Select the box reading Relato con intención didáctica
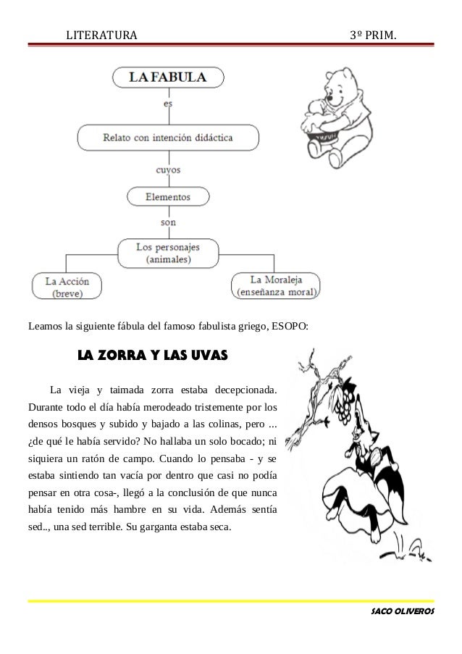pyautogui.click(x=168, y=135)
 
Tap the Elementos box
pyautogui.click(x=168, y=196)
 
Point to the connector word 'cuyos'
pyautogui.click(x=168, y=170)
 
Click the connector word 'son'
pyautogui.click(x=168, y=222)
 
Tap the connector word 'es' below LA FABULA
pyautogui.click(x=168, y=104)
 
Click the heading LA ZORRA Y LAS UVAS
pyautogui.click(x=152, y=356)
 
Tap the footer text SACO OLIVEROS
pyautogui.click(x=402, y=612)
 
